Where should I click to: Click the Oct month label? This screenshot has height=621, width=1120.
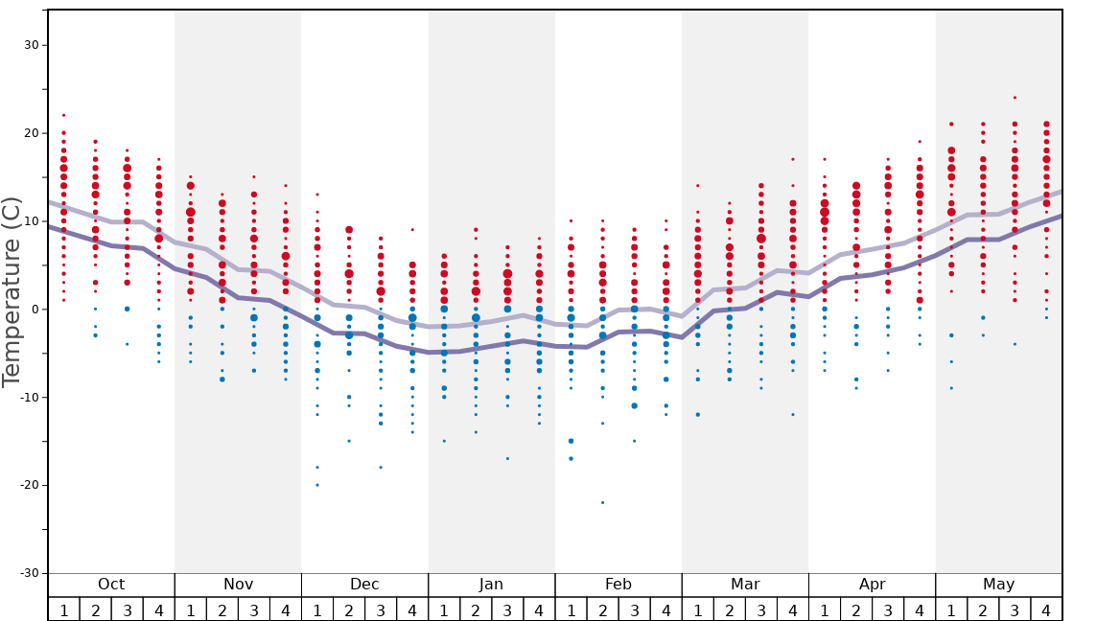[x=111, y=585]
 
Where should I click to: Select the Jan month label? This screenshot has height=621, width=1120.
[x=491, y=585]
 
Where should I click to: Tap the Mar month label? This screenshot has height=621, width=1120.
[x=745, y=585]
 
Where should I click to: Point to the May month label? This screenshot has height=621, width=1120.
[x=998, y=585]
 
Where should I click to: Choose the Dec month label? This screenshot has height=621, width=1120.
[x=364, y=585]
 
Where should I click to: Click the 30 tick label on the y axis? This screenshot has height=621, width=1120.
[x=29, y=45]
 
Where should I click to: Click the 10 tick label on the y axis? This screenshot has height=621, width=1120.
[x=29, y=220]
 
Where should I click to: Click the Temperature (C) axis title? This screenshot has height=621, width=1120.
[x=12, y=291]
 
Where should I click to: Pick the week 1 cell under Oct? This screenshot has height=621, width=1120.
[x=63, y=609]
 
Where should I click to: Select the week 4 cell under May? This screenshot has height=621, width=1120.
[x=1046, y=609]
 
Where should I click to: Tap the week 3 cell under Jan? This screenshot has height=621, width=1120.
[x=507, y=609]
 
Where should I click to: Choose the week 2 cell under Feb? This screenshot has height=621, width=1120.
[x=602, y=609]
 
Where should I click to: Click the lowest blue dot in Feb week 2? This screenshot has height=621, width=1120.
[x=602, y=502]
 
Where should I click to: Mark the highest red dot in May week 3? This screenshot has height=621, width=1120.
[x=1015, y=97]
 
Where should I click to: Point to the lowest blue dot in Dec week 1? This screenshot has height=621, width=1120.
[x=317, y=485]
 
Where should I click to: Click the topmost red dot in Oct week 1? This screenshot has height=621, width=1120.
[x=63, y=115]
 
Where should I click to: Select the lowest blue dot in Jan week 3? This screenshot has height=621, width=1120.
[x=507, y=458]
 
